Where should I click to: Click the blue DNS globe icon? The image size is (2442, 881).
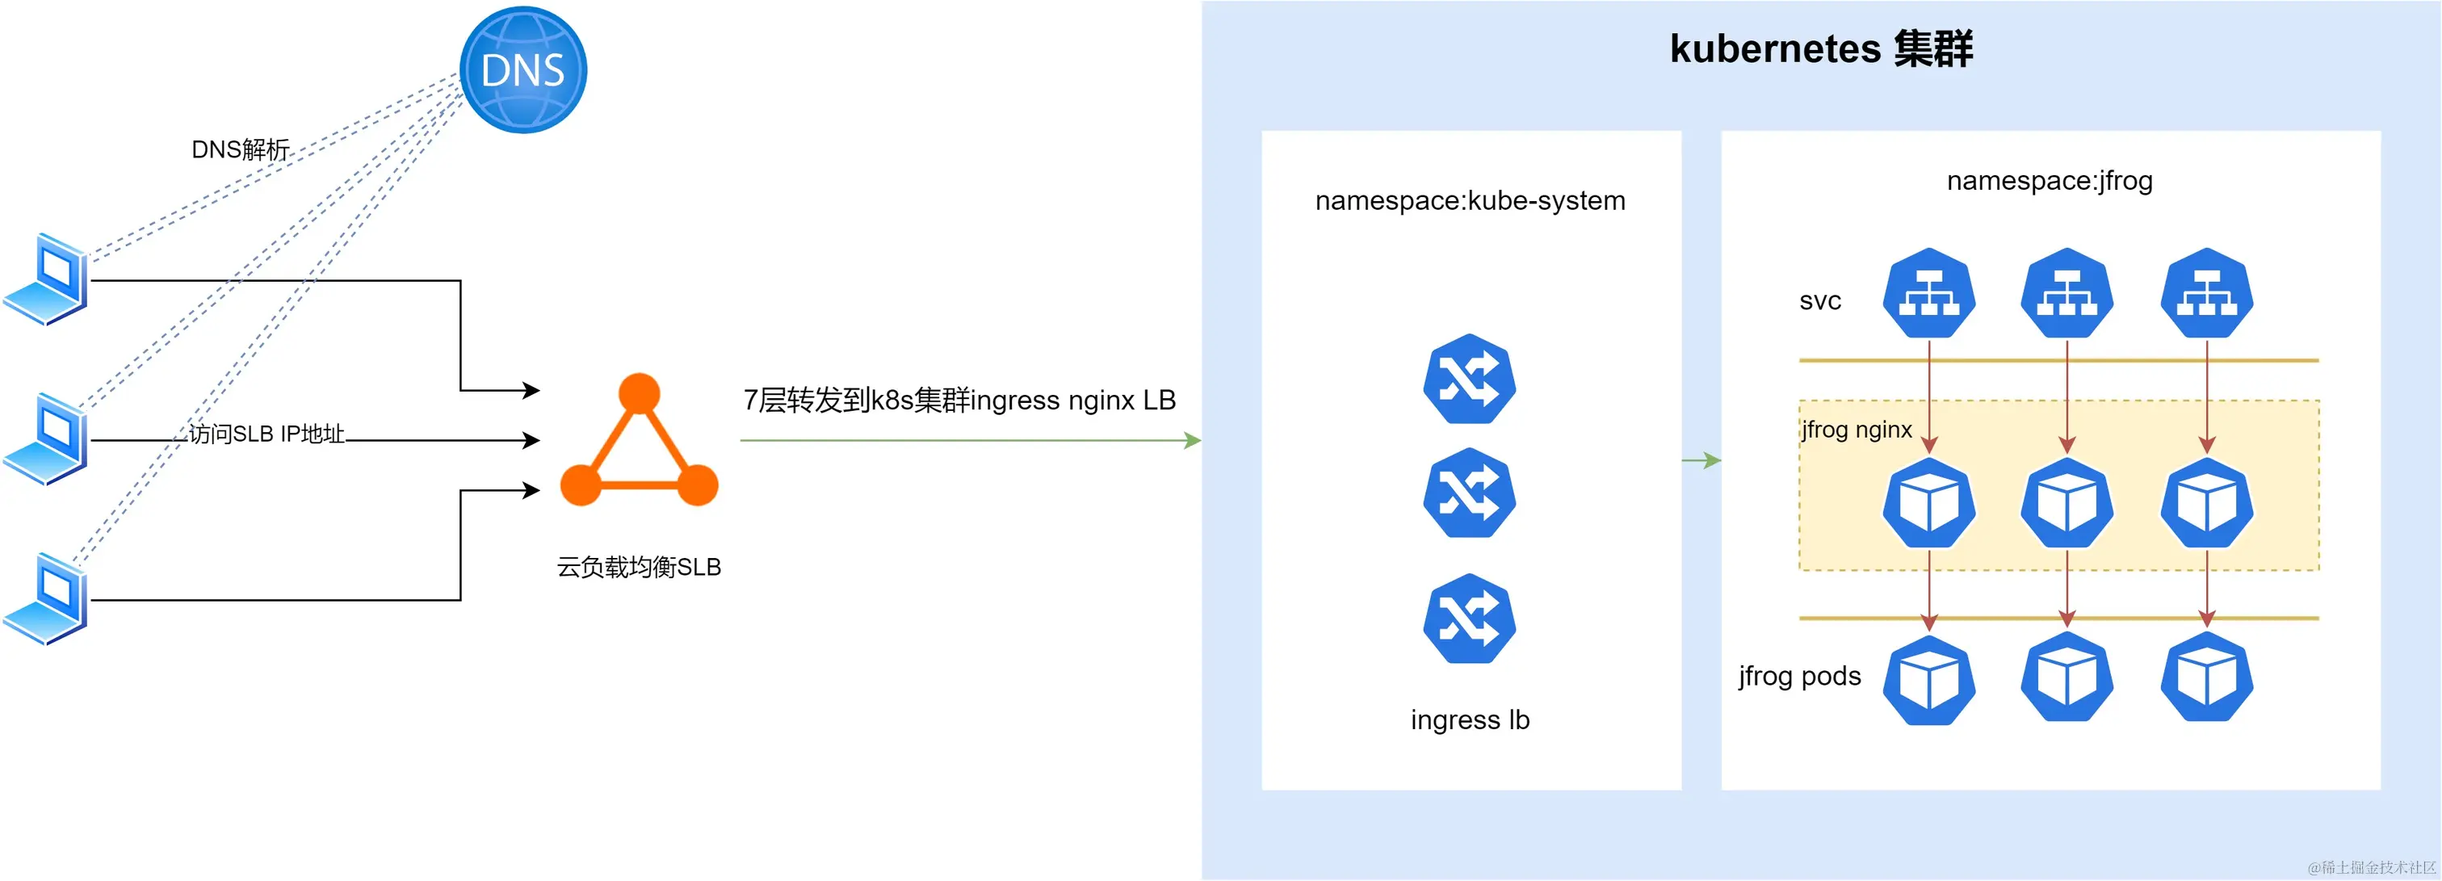522,70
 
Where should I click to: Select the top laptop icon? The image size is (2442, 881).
48,279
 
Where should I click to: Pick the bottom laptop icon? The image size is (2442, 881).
48,598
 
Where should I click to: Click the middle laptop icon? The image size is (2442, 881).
48,438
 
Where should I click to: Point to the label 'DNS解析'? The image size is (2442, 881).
240,150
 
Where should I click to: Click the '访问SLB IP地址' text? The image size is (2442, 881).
266,434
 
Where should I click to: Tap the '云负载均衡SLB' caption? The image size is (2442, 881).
639,567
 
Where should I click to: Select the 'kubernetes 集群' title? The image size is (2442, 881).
1820,49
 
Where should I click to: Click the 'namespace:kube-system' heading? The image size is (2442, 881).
1470,201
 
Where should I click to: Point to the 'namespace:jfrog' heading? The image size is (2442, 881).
2049,180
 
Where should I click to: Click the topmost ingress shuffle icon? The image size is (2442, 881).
1470,380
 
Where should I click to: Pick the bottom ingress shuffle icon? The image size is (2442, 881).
1470,619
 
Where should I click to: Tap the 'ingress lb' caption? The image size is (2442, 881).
1470,719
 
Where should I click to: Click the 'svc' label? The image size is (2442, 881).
1819,301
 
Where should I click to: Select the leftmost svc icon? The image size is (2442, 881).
1928,293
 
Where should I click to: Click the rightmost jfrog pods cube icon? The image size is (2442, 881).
2206,679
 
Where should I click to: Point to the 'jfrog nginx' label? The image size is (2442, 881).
1857,430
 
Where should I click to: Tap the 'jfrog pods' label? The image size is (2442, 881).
1798,676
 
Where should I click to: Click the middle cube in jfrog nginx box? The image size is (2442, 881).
2066,502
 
